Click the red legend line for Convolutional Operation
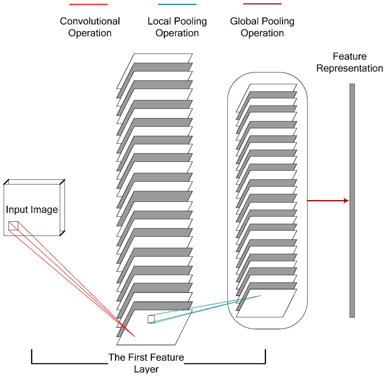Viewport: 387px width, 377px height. coord(88,4)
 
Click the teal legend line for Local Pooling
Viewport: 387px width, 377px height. coord(177,4)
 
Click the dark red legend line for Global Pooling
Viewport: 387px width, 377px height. coord(262,4)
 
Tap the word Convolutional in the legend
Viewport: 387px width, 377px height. coord(90,21)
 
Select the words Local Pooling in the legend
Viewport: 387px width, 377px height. coord(177,21)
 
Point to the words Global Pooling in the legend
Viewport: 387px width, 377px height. coord(262,21)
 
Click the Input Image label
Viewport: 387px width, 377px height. coord(32,209)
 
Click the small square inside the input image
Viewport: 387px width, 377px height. coord(13,225)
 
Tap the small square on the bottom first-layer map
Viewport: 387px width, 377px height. coord(151,319)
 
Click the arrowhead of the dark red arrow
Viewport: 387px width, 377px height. coord(346,201)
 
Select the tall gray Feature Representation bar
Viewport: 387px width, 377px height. coord(352,200)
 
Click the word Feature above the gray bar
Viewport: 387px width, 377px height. coord(350,57)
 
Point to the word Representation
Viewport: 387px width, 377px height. coord(350,68)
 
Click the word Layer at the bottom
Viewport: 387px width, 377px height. coord(146,369)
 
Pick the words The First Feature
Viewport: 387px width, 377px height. coord(146,357)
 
